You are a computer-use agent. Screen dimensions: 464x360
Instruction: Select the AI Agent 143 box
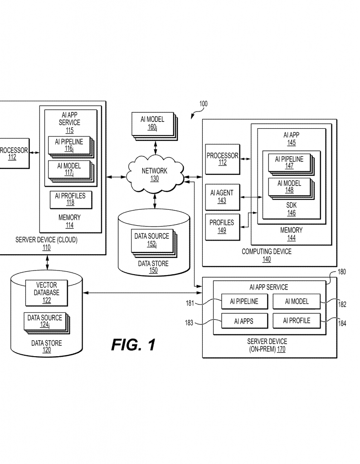tap(222, 196)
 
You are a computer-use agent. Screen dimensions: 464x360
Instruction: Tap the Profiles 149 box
tap(222, 226)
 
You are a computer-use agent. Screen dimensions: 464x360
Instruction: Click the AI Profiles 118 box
tap(70, 199)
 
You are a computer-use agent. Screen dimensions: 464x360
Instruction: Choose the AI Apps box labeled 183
tap(243, 321)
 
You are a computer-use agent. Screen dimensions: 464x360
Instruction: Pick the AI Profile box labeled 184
tap(297, 321)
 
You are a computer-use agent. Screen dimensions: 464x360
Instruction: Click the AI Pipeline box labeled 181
tap(243, 301)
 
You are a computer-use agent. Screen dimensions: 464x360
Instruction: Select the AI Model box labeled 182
tap(297, 301)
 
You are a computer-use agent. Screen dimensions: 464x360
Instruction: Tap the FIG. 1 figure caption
tap(133, 345)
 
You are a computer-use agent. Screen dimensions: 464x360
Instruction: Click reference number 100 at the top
tap(203, 104)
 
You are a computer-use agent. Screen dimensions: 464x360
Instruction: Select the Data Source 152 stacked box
tap(151, 240)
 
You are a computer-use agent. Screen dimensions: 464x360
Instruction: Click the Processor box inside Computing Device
tap(222, 159)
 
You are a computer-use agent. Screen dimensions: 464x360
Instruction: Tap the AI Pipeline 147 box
tap(289, 162)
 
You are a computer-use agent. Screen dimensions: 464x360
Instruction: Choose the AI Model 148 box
tap(289, 187)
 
